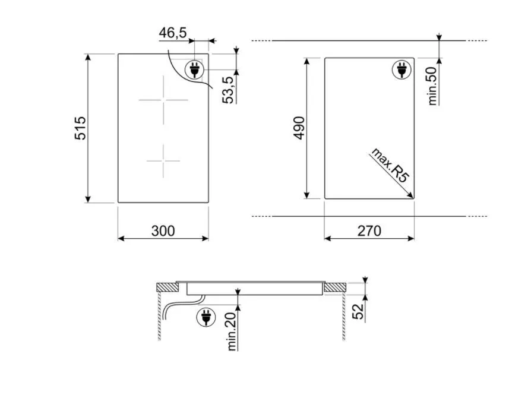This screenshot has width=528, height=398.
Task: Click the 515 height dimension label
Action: [81, 128]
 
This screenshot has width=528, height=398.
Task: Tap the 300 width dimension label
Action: [163, 231]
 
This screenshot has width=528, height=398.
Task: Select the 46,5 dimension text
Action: [172, 33]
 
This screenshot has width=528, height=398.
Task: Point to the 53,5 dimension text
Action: [228, 90]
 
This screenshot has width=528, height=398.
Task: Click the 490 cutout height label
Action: [299, 128]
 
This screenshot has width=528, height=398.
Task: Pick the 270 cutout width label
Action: [369, 231]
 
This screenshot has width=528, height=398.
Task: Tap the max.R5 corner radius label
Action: [390, 165]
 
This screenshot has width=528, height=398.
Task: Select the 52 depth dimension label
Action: [358, 311]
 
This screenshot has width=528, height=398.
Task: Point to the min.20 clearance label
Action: [232, 330]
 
